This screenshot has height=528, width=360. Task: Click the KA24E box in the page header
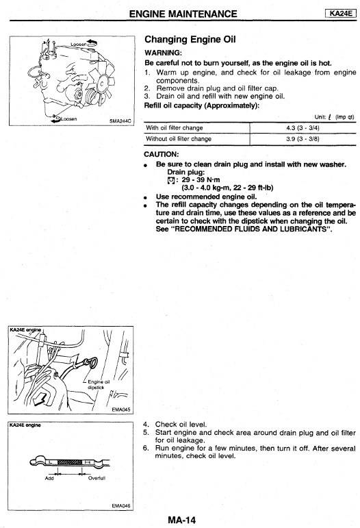coord(340,14)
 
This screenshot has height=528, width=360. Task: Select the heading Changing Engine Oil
coord(190,40)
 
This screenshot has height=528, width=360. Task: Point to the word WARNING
coord(163,53)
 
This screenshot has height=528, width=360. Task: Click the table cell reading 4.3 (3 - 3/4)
coord(303,128)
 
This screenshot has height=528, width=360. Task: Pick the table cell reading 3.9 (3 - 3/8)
coord(303,139)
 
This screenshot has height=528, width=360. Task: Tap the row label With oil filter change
coord(175,128)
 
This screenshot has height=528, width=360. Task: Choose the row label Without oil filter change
coord(179,139)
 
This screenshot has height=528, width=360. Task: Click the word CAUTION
coord(161,154)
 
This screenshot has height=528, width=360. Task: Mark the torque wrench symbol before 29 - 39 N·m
coord(171,180)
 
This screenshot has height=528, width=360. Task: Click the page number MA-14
coord(181,520)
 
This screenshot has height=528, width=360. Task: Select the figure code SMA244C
coord(120,121)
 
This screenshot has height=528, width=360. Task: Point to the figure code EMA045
coord(120,410)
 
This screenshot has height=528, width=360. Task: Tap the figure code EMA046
coord(120,506)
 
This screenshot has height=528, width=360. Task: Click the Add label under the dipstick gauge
coord(49,478)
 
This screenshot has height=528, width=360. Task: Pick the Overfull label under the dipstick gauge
coord(97,478)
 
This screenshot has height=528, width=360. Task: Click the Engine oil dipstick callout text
coord(98,385)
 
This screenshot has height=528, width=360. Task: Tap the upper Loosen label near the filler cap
coord(79,45)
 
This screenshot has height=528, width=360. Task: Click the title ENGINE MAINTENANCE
coord(183,14)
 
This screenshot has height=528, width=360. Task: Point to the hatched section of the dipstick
coord(70,462)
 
